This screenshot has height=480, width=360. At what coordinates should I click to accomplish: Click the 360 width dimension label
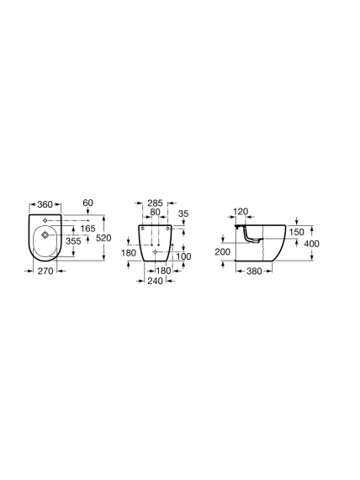coord(45,204)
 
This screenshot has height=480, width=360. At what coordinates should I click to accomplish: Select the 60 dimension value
coord(88,203)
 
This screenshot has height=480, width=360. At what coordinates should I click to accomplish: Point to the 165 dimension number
coord(88,229)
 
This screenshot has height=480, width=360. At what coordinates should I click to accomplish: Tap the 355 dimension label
coord(73,241)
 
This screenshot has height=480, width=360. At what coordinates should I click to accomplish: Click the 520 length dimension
coord(103,238)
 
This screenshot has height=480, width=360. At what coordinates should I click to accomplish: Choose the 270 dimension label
coord(45,271)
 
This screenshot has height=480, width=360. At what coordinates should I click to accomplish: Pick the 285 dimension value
coord(155,203)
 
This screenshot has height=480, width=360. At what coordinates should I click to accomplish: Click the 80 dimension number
coord(155,212)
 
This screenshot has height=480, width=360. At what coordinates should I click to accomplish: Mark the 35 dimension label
coord(183,214)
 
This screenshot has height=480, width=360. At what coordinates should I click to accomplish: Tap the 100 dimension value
coord(184,256)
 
